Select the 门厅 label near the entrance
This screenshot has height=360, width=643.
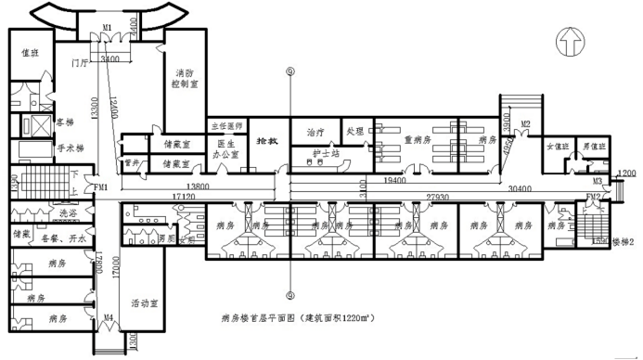coord(80,65)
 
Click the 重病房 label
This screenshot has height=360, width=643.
coord(418,139)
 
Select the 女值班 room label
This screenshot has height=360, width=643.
coord(556,148)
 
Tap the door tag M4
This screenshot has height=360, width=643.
coord(108,317)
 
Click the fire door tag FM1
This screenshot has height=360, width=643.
coord(100,187)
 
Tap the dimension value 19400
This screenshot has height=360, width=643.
coord(394,177)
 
